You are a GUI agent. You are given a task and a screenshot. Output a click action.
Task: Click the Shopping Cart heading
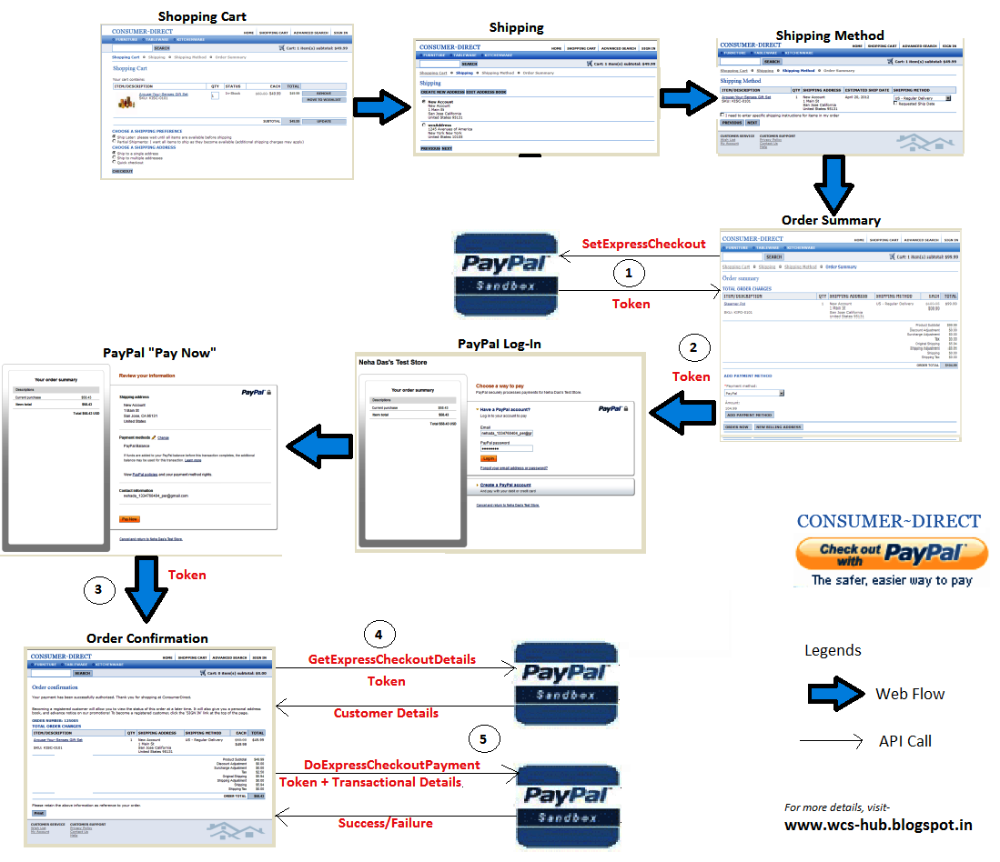[x=202, y=16]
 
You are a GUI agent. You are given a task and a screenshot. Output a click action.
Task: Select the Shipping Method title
[x=829, y=35]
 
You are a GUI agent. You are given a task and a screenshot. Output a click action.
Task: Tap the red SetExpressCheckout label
[x=643, y=244]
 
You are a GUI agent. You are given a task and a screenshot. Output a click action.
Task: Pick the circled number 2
[x=692, y=347]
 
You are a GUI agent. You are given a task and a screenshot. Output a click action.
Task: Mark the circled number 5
[x=483, y=739]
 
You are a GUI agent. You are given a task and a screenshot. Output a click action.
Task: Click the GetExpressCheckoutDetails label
[x=391, y=659]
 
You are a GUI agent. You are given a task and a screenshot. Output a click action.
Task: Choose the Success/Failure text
[x=385, y=823]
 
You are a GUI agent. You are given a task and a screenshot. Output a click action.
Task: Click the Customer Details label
[x=386, y=713]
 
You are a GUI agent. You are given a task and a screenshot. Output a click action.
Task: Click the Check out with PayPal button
[x=891, y=554]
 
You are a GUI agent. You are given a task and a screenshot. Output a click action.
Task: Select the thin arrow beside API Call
[x=831, y=741]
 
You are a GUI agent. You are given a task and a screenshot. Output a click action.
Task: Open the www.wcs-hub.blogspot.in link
[x=878, y=826]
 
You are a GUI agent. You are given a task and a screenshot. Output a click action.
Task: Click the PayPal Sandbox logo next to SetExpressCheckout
[x=506, y=273]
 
